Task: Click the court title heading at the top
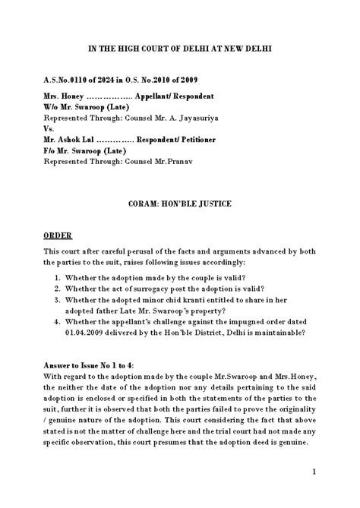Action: (179, 49)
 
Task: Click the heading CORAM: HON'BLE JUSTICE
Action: (179, 205)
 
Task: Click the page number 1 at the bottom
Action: (314, 471)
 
